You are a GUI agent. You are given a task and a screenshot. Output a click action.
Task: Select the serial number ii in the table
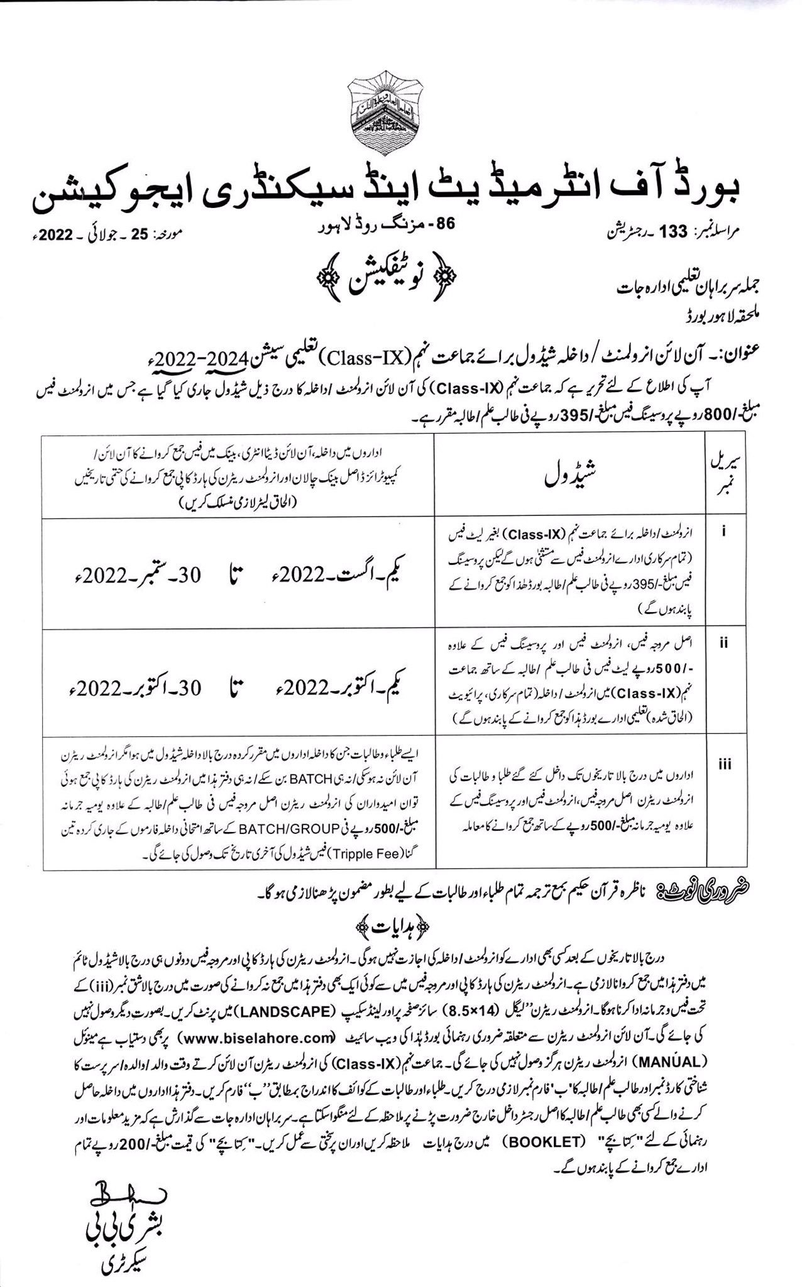coord(724,643)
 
